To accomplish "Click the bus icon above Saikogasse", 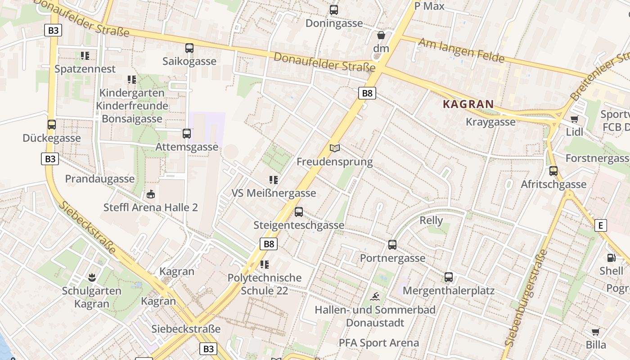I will (189, 48).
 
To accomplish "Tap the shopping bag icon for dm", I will (381, 35).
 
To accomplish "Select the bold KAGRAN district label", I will (468, 104).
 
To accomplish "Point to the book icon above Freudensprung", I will (335, 148).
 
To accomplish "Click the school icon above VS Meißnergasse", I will (273, 180).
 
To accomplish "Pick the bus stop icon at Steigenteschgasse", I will (299, 212).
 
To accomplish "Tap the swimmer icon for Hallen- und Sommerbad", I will (375, 297).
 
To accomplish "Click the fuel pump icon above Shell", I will (611, 258).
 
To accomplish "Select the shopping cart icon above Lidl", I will (574, 119).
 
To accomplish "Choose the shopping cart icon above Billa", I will (596, 332).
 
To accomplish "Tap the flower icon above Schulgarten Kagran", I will (92, 277).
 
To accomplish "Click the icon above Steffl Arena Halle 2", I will (150, 194).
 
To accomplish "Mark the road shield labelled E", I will (600, 225).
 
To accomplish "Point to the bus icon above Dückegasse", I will (52, 125).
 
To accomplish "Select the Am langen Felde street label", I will (461, 50).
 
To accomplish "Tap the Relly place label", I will (431, 220).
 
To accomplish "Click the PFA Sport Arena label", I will (379, 343).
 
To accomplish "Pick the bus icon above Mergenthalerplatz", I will (449, 277).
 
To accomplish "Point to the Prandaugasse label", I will (100, 179).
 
